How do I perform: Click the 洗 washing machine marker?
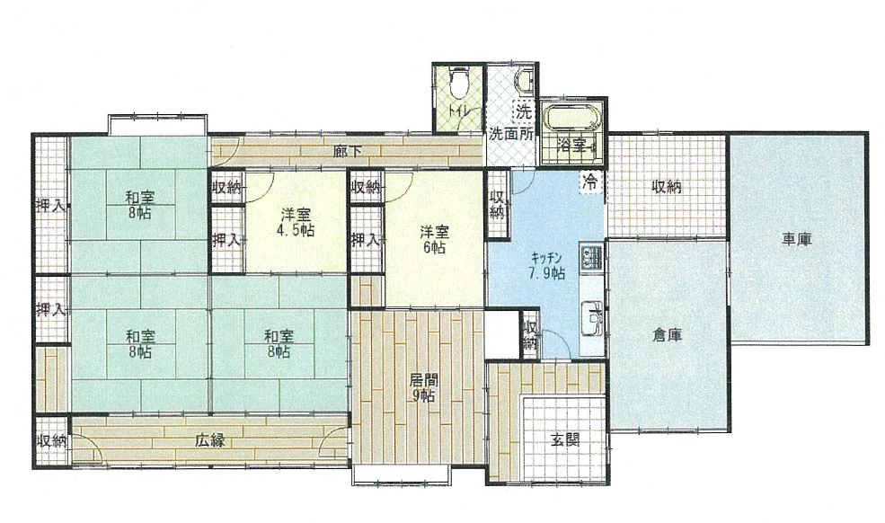pos(523,111)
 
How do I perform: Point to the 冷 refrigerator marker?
pos(590,182)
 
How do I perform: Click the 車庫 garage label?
pos(796,239)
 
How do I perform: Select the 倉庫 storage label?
pos(668,335)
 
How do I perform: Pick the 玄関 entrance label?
pos(565,439)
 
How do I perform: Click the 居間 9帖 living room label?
pos(423,387)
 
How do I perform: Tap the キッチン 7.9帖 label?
pos(547,266)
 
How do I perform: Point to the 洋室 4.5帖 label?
pos(296,223)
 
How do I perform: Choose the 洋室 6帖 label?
pos(434,239)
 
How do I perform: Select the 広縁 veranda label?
pos(210,439)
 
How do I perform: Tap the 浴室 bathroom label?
pos(571,146)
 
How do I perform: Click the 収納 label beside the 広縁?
pos(52,440)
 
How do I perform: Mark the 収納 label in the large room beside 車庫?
pos(667,186)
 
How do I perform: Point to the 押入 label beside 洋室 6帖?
pos(366,240)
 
